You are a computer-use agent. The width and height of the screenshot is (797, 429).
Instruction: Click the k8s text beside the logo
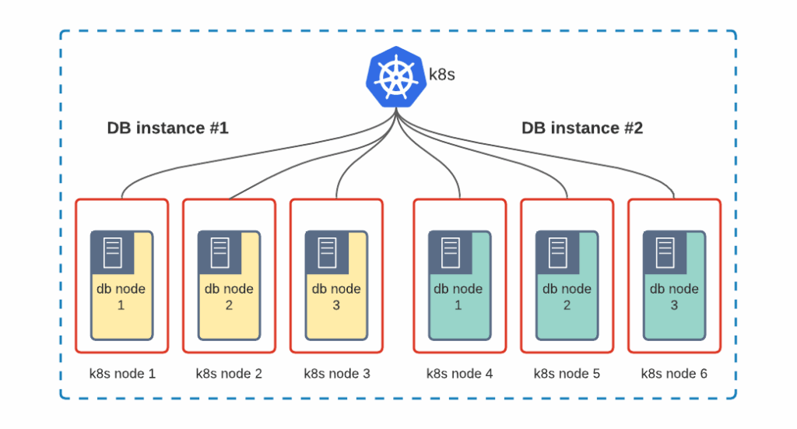442,76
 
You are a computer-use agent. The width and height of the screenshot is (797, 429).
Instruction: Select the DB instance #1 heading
167,128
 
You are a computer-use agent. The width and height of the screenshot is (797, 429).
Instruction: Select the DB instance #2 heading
582,128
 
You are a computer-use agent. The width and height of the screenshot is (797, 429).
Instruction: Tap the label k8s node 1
122,374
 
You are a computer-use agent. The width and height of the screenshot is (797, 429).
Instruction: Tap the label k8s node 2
229,374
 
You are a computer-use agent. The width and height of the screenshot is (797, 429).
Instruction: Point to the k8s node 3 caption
336,374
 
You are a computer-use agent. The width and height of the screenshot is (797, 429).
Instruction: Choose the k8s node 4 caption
459,374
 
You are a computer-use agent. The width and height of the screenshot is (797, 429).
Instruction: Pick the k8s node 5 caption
567,374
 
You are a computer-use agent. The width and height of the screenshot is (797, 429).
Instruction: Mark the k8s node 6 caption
674,374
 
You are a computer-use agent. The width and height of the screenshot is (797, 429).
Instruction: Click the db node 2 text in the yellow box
229,297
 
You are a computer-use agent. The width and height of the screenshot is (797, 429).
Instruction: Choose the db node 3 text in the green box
674,297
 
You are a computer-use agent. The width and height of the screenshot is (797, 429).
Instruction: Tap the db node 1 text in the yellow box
121,297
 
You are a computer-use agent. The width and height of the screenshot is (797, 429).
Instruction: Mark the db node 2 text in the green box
567,297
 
